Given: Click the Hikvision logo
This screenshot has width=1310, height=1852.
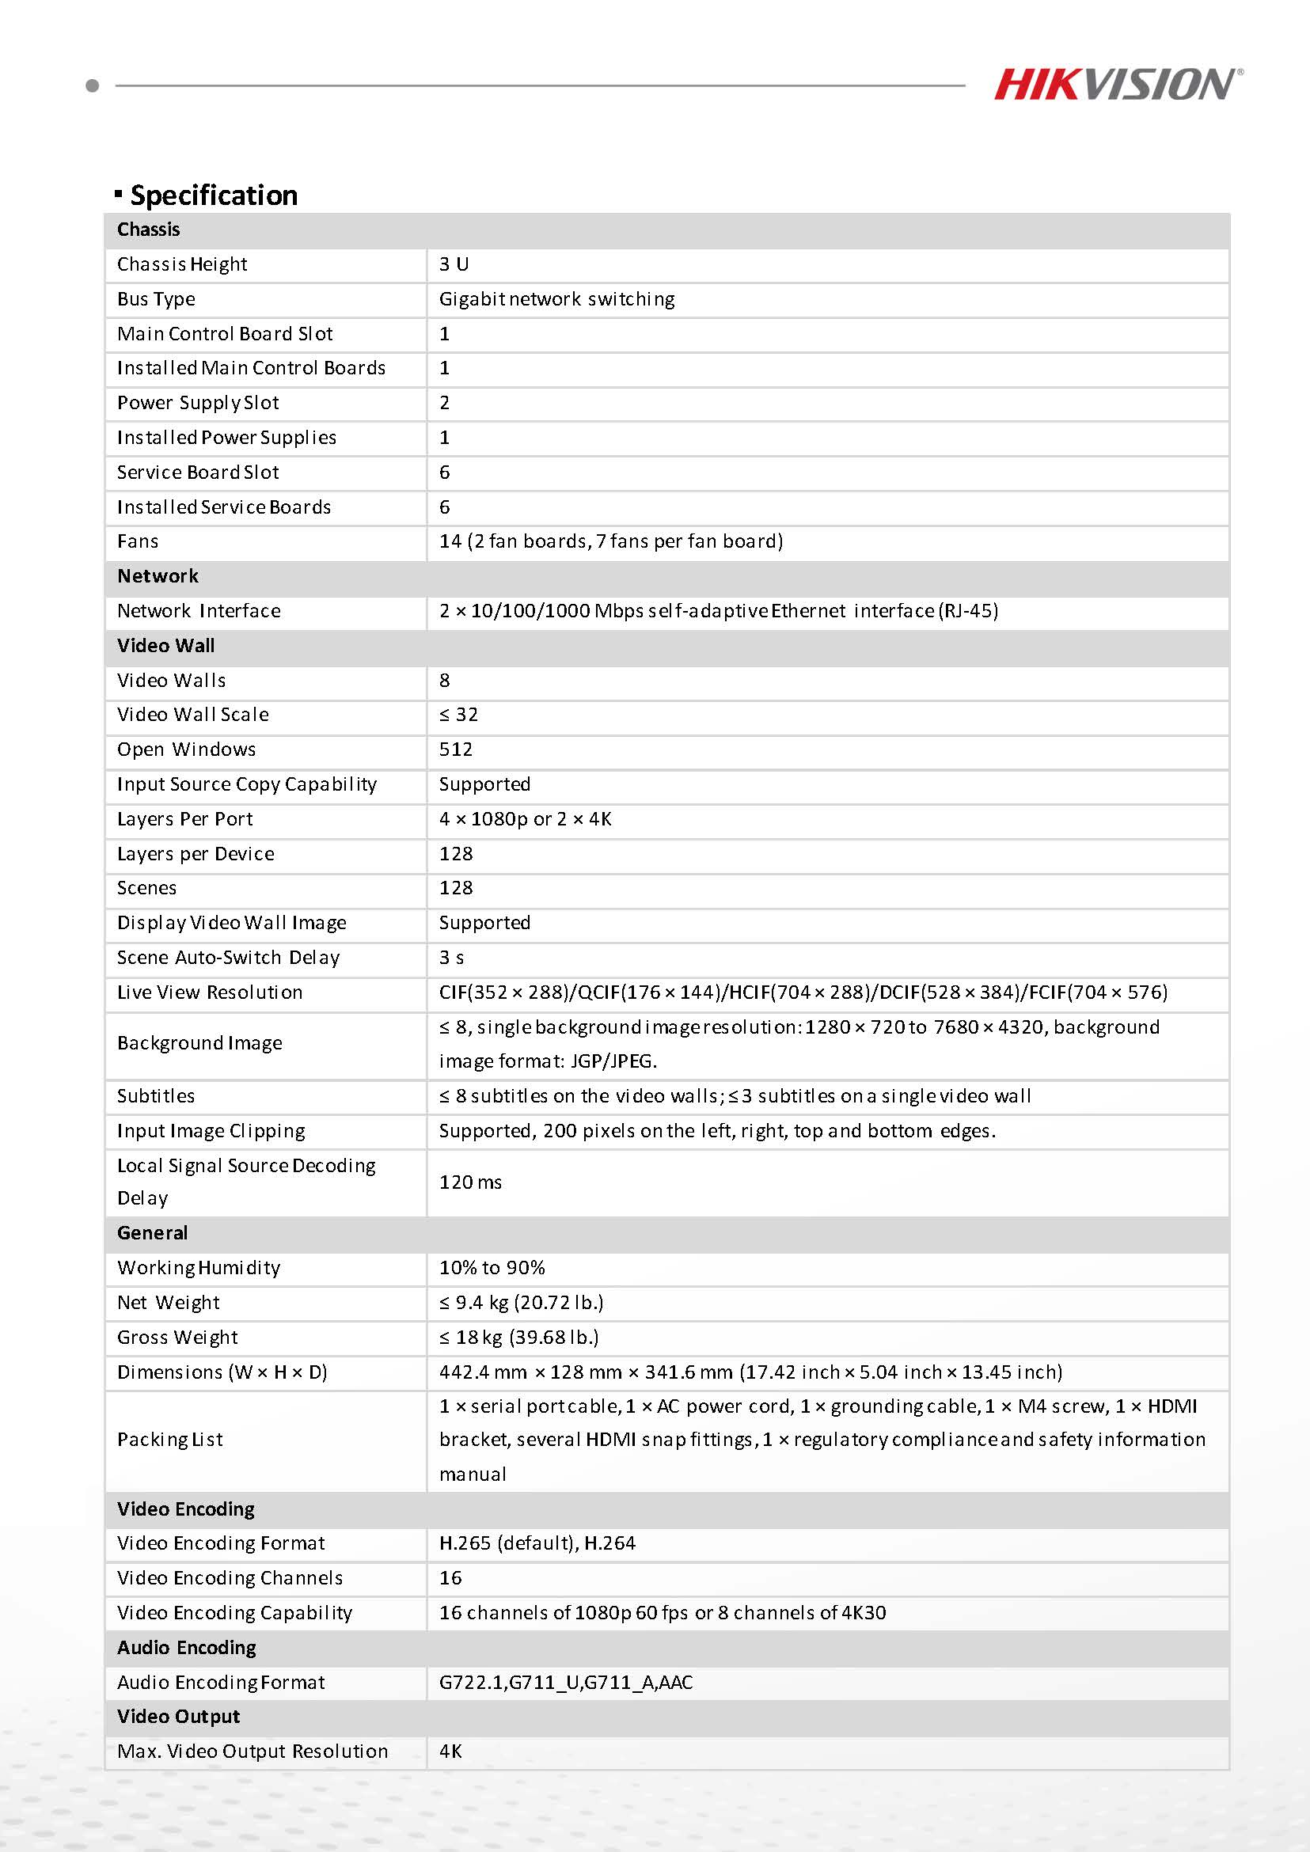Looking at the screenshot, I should click(1117, 85).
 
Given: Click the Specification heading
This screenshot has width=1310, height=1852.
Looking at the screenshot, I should click(213, 195).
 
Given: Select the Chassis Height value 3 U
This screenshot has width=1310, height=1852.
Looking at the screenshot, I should click(454, 264).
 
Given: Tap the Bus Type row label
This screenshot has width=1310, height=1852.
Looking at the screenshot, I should click(156, 299).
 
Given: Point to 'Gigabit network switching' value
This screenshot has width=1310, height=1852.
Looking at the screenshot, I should click(556, 299).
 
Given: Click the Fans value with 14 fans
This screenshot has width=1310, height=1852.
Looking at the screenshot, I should click(610, 541).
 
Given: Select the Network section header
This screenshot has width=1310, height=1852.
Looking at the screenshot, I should click(158, 576).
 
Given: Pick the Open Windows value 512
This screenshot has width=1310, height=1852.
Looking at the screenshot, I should click(456, 750).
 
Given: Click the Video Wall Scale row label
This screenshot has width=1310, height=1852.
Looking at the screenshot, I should click(193, 715).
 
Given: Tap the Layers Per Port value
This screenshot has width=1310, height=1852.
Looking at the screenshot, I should click(525, 818).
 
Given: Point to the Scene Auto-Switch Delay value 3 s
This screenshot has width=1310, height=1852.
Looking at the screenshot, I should click(451, 958).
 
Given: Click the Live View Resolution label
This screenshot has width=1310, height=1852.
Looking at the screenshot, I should click(210, 992).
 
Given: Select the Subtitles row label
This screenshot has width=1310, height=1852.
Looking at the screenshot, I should click(156, 1096).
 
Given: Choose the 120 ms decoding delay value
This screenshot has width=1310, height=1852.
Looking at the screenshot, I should click(470, 1182).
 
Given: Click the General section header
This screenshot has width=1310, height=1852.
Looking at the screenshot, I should click(152, 1232).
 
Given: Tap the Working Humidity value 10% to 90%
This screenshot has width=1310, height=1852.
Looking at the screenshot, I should click(492, 1268).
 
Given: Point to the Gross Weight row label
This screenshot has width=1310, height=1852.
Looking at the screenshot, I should click(177, 1338).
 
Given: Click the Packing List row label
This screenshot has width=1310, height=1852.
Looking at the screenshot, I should click(169, 1440).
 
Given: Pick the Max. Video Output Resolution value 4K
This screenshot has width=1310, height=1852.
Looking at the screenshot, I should click(450, 1751).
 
